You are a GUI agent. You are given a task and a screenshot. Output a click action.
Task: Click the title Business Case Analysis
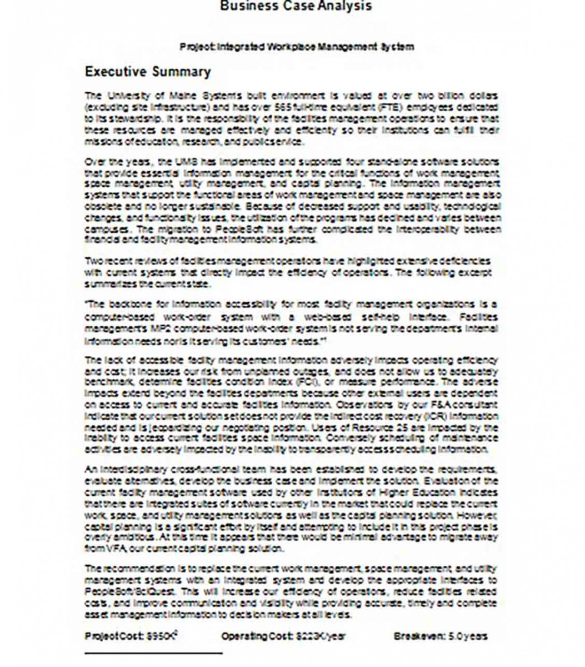pos(296,7)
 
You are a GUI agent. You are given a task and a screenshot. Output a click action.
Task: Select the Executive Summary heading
pos(147,72)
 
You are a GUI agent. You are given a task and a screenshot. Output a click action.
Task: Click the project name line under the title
pos(297,47)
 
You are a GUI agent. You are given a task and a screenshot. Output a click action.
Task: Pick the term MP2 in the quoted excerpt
pos(158,328)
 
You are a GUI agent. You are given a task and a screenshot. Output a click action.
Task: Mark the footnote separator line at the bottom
pos(153,654)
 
